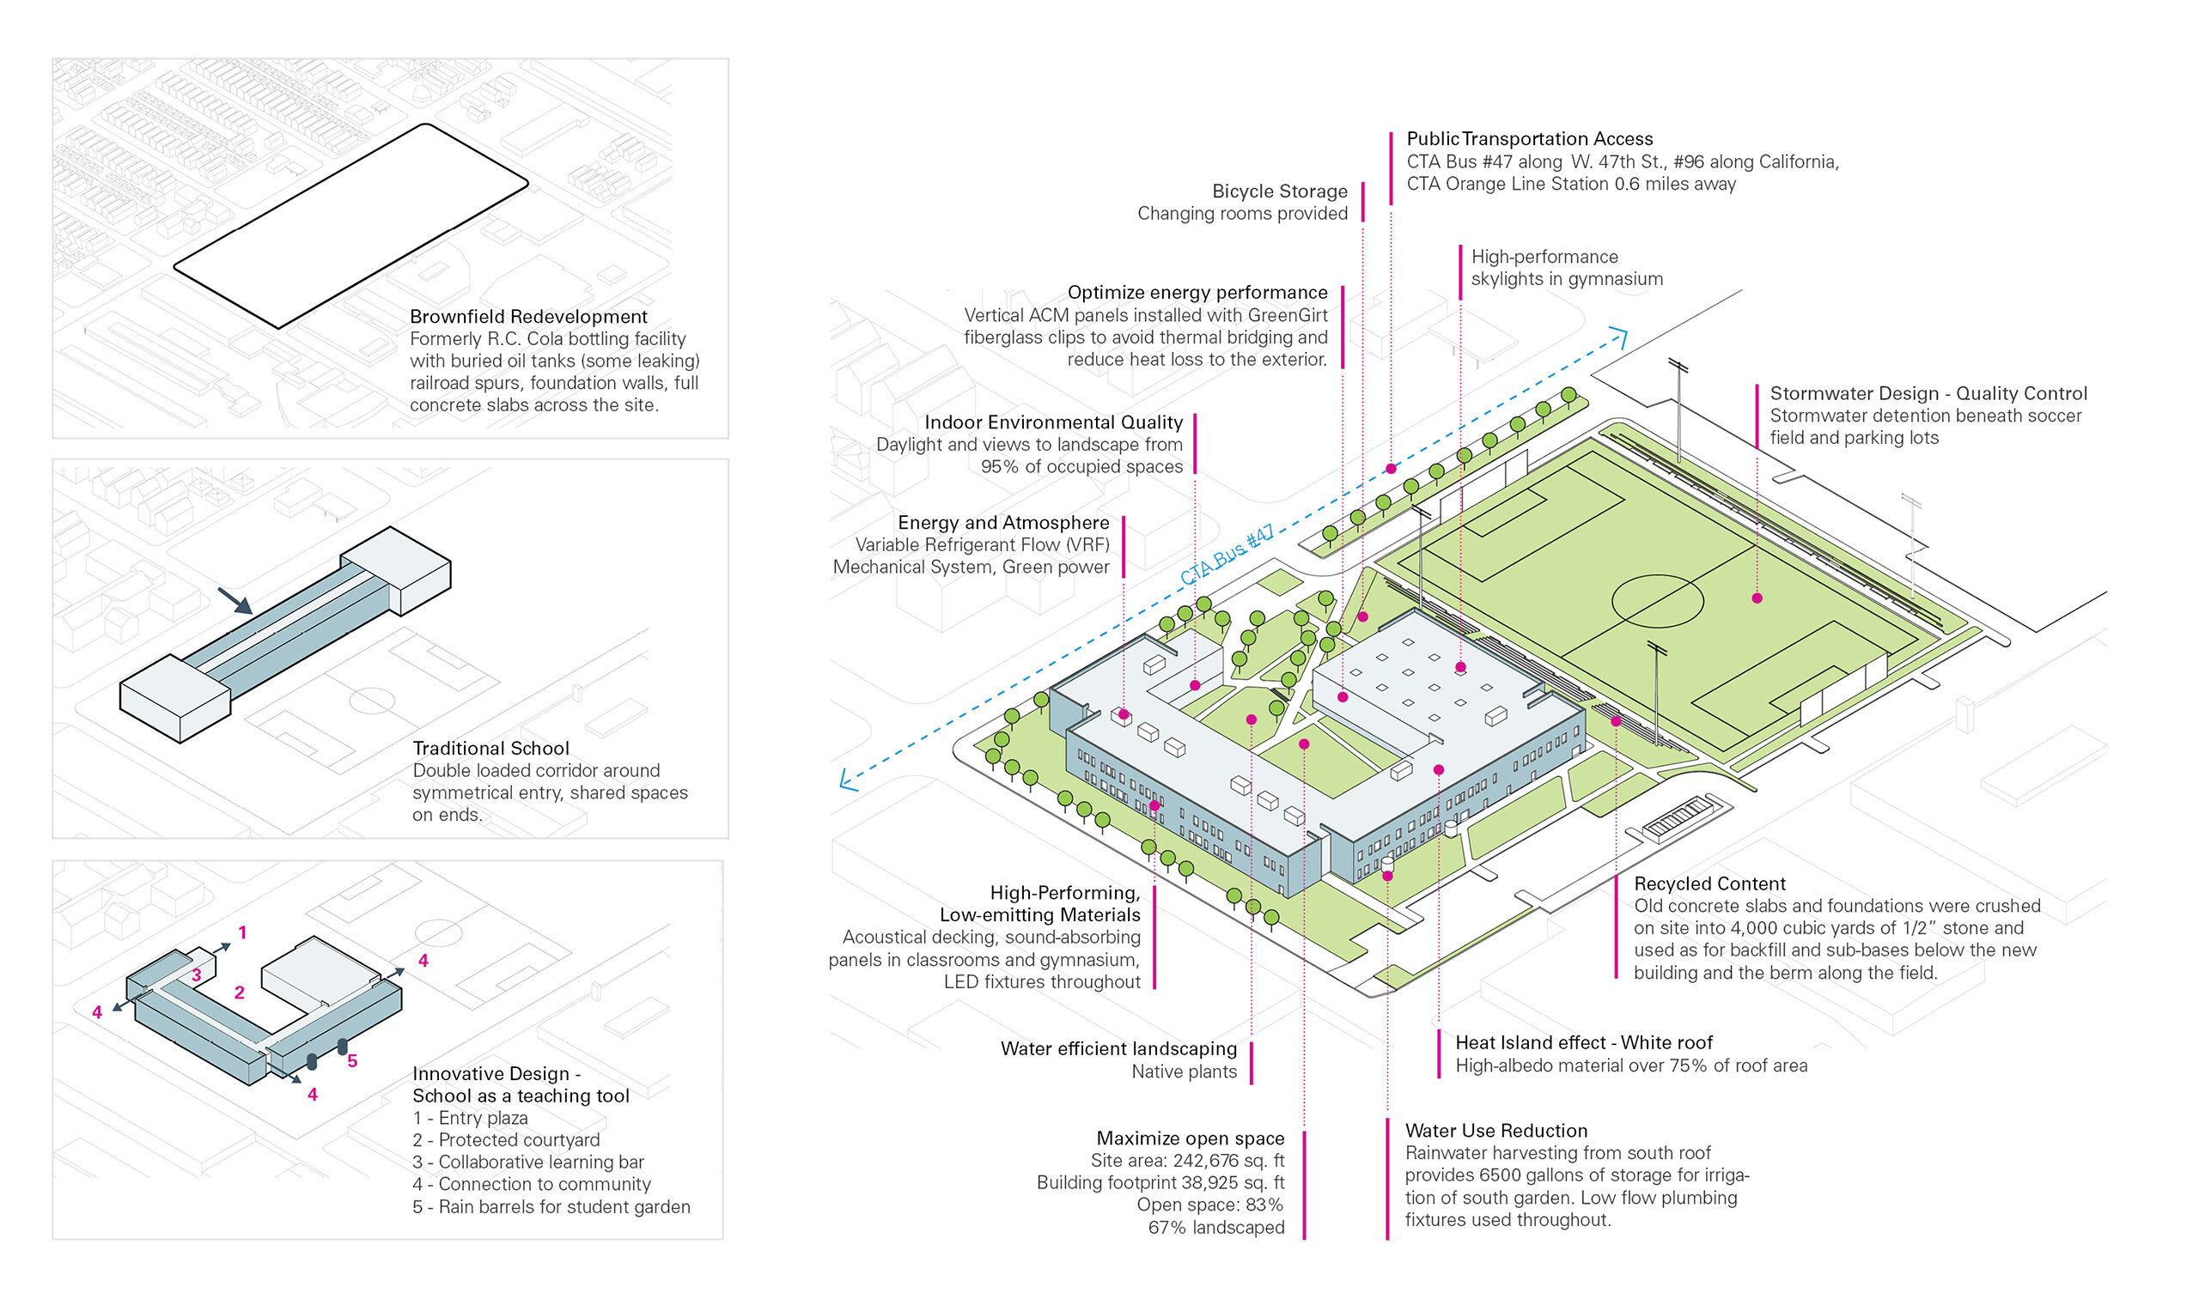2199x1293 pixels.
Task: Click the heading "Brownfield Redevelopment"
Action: coord(528,317)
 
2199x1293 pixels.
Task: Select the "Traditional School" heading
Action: coord(490,749)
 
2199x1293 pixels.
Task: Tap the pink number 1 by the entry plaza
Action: coord(242,932)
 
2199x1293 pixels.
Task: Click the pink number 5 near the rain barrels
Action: coord(352,1061)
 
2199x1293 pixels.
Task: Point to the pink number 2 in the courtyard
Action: coord(239,992)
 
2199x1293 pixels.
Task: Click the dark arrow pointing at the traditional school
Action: coord(235,600)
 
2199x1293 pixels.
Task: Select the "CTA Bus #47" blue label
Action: coord(1226,555)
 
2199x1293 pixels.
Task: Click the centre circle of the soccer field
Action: coord(1656,600)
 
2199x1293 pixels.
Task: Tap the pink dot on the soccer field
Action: coord(1757,598)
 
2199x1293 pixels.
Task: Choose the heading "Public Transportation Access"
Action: coord(1529,139)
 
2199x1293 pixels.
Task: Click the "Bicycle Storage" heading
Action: coord(1279,191)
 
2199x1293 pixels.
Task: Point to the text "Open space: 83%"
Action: coord(1209,1205)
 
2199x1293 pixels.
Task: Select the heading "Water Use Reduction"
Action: coord(1495,1131)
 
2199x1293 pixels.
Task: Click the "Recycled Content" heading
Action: coord(1709,883)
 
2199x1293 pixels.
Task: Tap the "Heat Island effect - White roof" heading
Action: coord(1583,1042)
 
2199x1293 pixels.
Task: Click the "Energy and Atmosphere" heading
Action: coord(1003,523)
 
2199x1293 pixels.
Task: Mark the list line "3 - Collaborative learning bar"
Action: coord(528,1162)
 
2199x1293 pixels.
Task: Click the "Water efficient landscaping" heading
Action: coord(1118,1048)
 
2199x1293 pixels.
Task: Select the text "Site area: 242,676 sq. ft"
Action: coord(1187,1161)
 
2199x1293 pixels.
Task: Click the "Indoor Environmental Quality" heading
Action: coord(1053,422)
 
